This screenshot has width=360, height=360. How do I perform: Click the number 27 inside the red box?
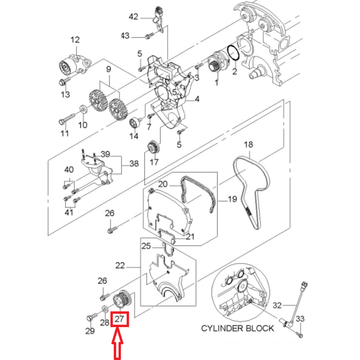120,319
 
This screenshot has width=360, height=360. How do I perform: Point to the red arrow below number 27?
117,343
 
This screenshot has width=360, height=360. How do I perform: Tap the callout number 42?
134,17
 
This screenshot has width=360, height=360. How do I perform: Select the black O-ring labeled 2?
233,54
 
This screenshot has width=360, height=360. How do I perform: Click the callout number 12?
75,40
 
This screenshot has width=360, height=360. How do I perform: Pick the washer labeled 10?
83,109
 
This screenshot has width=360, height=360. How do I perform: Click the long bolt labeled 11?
67,118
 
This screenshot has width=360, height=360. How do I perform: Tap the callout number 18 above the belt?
248,144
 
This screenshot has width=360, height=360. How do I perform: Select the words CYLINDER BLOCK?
238,328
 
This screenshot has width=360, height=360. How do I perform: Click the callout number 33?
300,319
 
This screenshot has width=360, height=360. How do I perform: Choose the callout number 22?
120,266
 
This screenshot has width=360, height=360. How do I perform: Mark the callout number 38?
134,164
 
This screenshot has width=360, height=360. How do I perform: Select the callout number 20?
163,184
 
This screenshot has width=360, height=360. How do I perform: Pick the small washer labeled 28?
105,309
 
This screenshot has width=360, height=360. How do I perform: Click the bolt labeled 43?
149,36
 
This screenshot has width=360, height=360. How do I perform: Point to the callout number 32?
277,305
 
